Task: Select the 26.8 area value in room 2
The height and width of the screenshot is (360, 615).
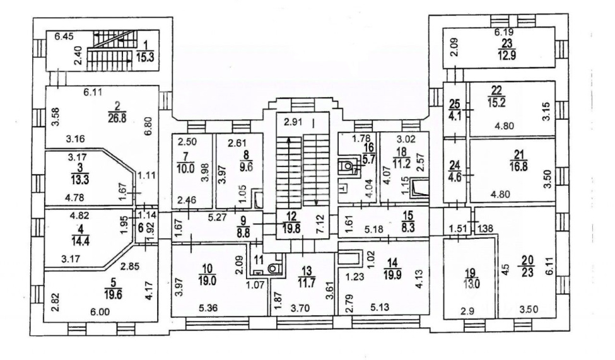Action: [117, 119]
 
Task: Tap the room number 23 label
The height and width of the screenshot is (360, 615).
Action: [507, 42]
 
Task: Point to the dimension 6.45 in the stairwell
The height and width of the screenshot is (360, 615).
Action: [64, 37]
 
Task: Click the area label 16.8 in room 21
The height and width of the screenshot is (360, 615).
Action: [518, 166]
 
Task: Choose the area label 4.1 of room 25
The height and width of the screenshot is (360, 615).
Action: [455, 116]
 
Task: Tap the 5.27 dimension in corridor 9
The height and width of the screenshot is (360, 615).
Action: [217, 218]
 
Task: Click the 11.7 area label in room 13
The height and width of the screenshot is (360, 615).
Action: [307, 283]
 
